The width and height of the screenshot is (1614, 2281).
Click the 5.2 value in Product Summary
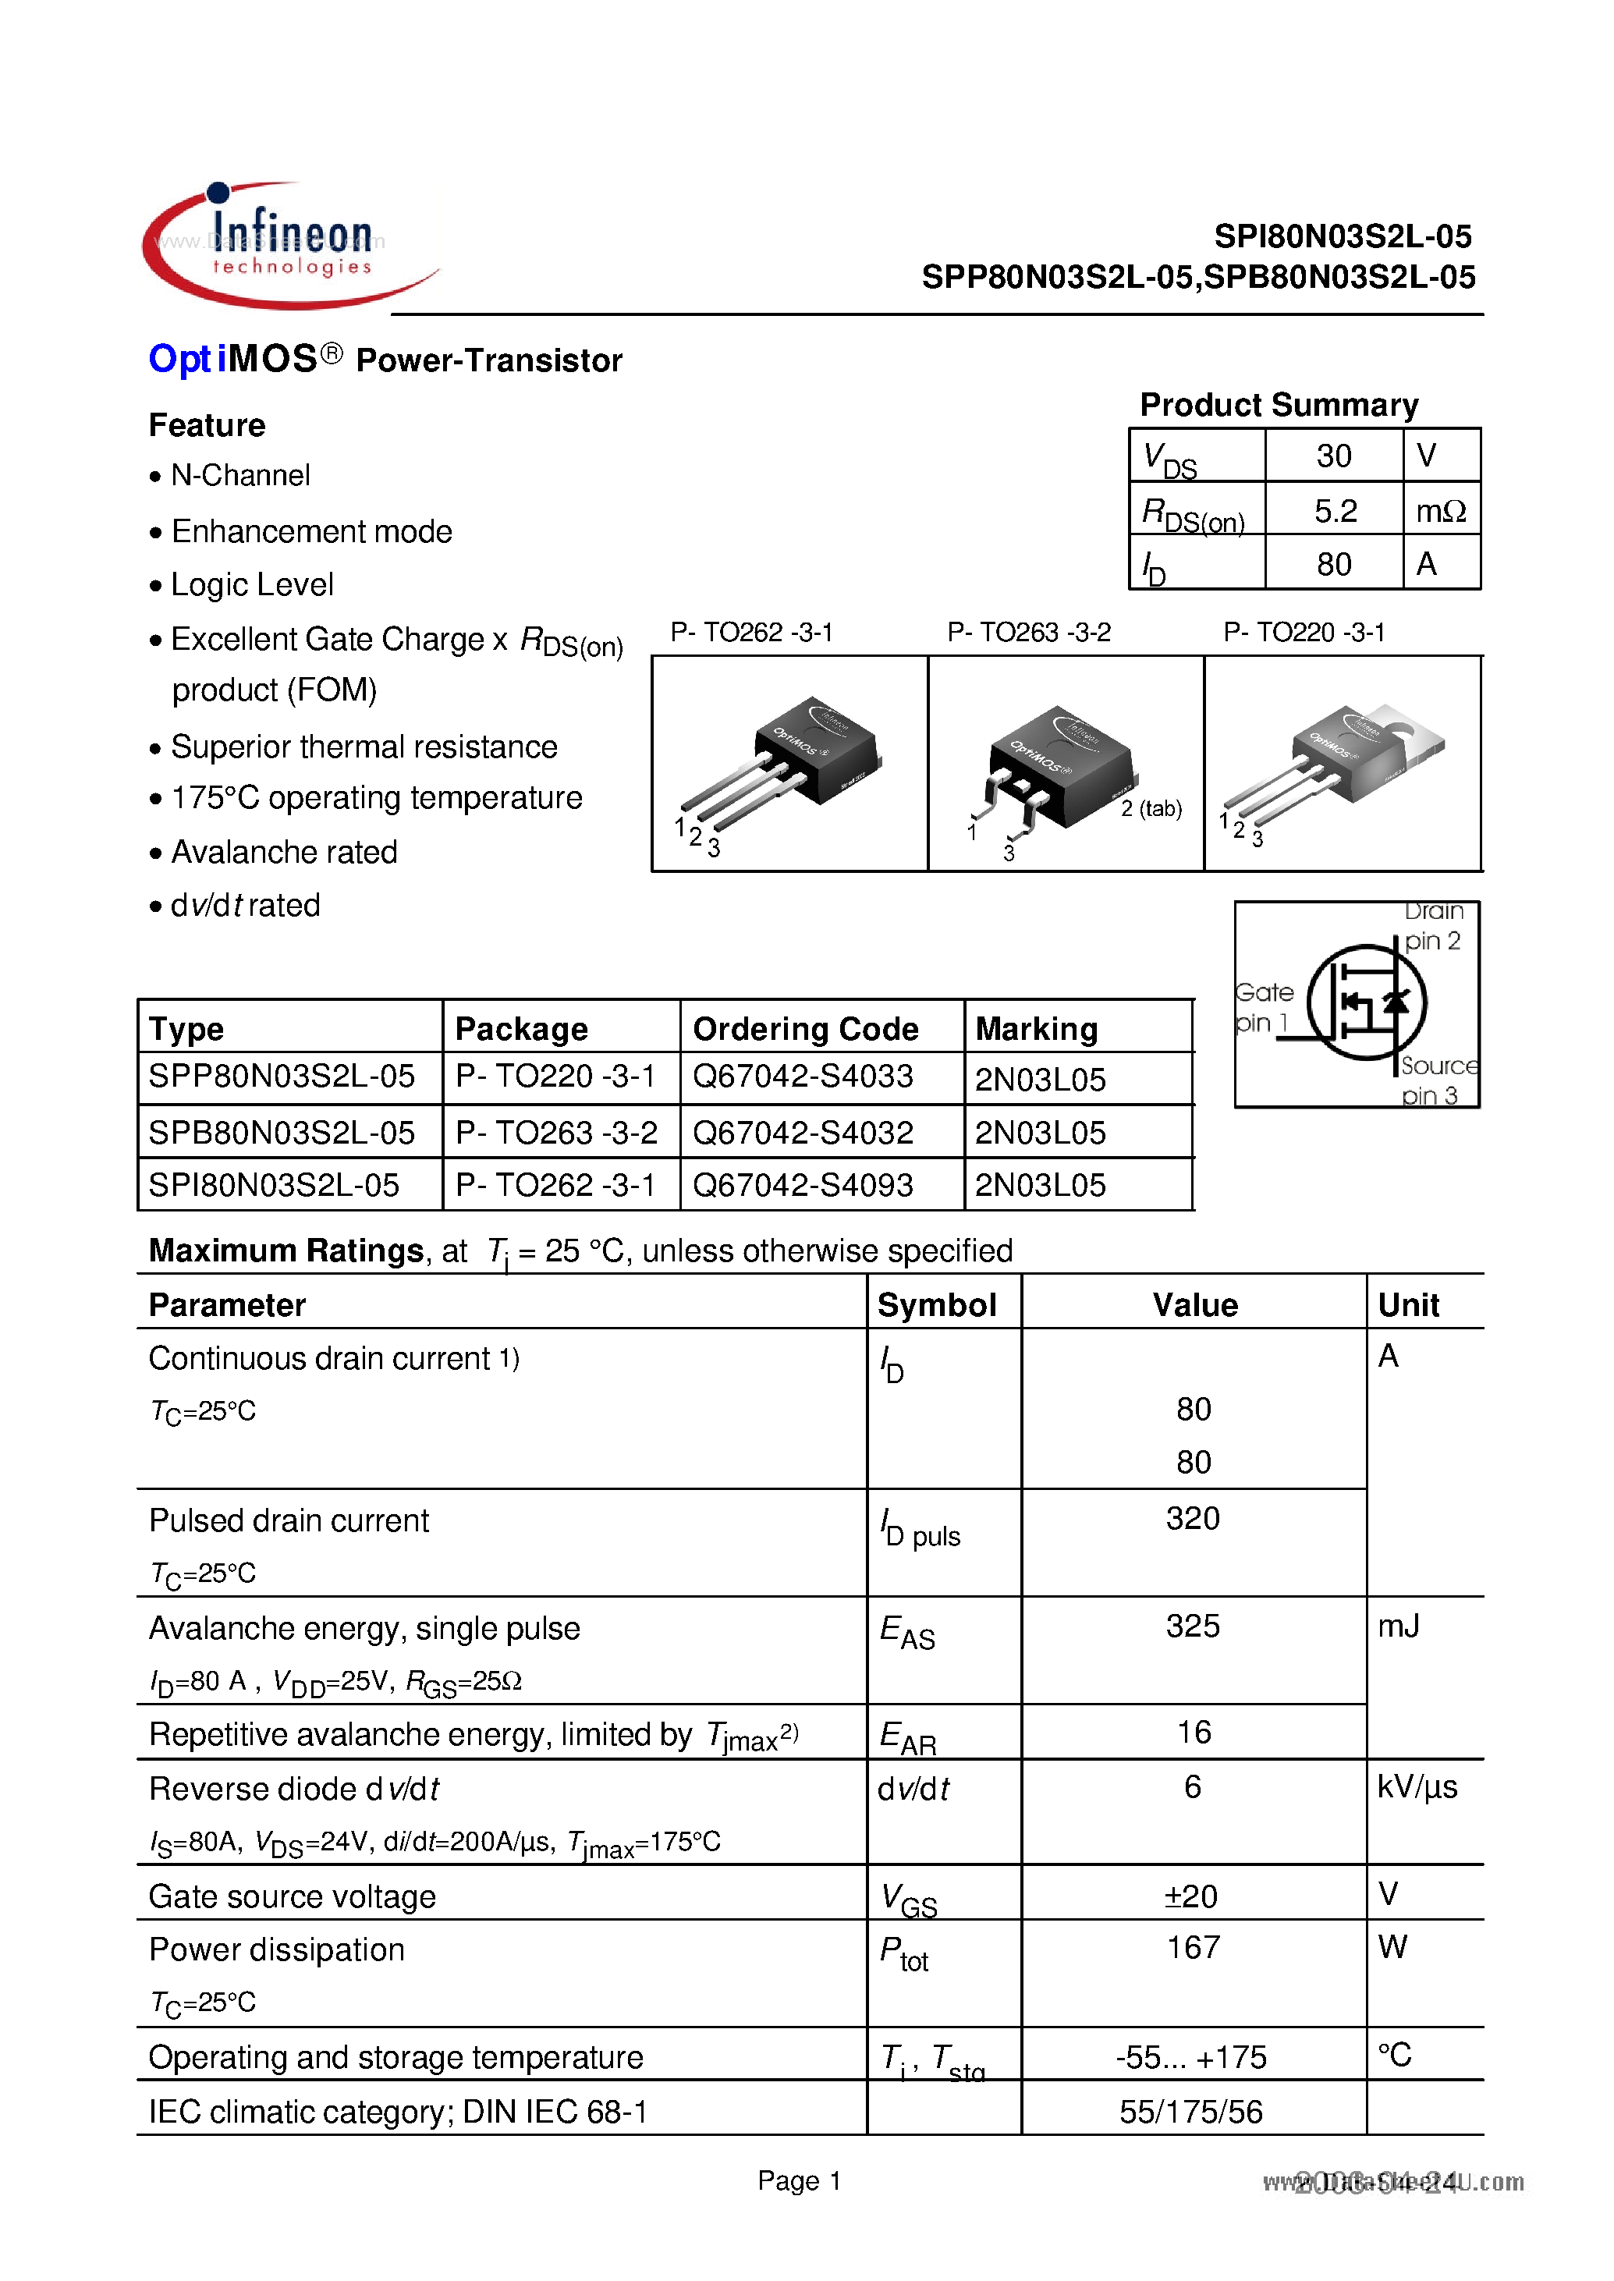click(x=1334, y=511)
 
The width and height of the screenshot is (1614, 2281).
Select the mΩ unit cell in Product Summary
click(x=1440, y=511)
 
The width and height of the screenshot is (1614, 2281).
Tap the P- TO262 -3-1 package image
click(x=789, y=763)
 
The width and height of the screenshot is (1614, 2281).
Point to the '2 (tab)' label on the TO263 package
click(x=1151, y=808)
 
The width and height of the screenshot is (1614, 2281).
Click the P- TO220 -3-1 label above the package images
click(x=1304, y=632)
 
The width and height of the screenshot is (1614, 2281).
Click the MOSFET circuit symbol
click(x=1367, y=1002)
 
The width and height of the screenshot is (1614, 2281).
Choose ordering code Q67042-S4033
click(x=802, y=1077)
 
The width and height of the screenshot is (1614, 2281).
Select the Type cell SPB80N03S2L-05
click(x=282, y=1132)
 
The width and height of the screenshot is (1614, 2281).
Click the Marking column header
click(x=1037, y=1029)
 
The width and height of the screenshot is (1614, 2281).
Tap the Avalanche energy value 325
click(x=1193, y=1626)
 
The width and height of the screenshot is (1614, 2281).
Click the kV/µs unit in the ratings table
click(x=1416, y=1787)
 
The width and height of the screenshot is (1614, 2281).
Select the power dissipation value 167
click(x=1193, y=1947)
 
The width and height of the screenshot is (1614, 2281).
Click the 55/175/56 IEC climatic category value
click(x=1190, y=2111)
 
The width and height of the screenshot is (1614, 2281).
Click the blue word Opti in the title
click(x=181, y=359)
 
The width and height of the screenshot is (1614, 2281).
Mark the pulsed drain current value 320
click(x=1193, y=1518)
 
